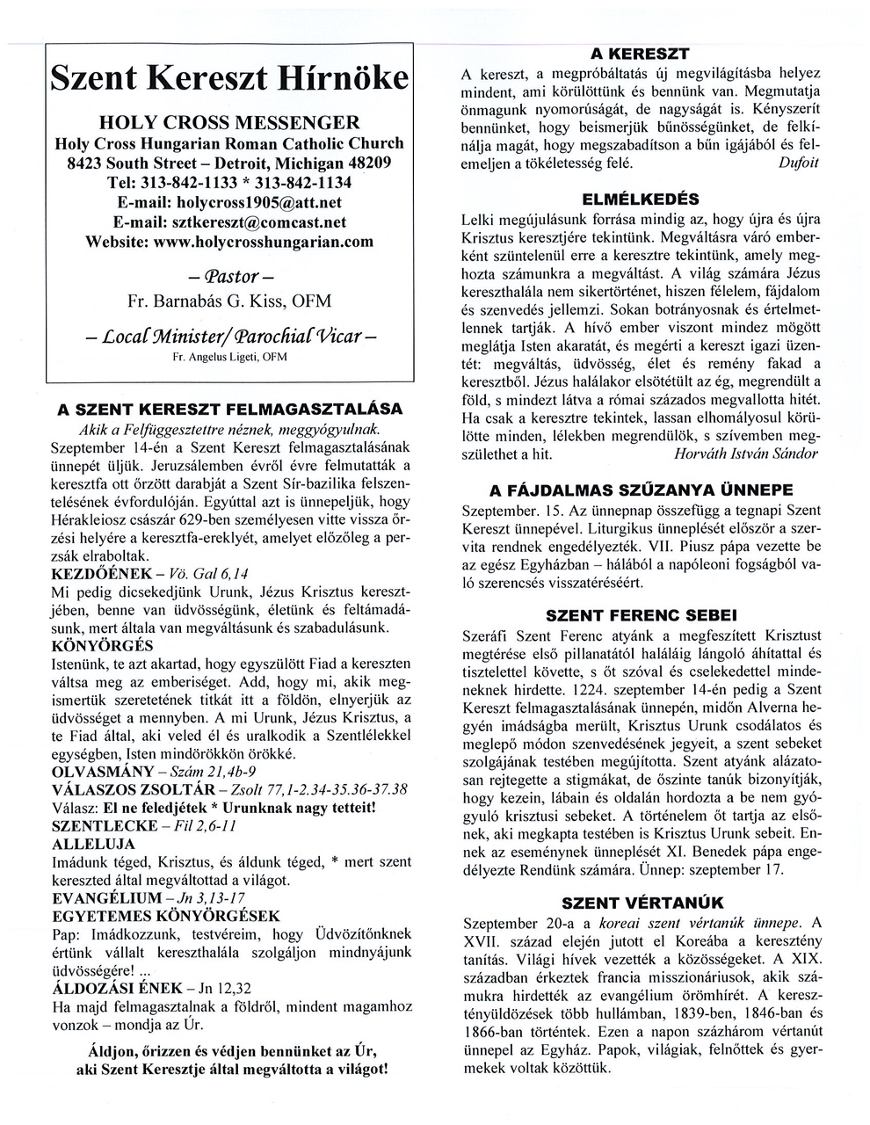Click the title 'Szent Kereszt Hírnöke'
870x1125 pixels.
click(229, 77)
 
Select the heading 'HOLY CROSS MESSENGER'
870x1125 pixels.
click(229, 121)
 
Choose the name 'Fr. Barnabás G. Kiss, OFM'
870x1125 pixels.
click(229, 301)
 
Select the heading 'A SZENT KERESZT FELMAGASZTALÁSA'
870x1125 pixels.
click(229, 410)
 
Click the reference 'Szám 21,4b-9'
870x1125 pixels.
click(212, 771)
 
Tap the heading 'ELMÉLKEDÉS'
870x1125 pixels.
click(640, 198)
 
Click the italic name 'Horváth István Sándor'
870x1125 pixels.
click(745, 454)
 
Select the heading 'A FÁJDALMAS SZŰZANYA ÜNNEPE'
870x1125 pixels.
click(640, 490)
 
